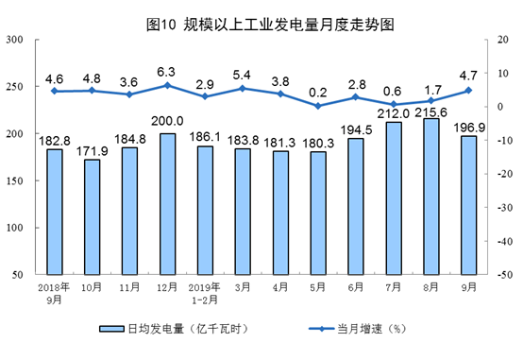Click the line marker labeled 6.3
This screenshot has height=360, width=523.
(168, 85)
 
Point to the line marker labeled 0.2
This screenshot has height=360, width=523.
(318, 106)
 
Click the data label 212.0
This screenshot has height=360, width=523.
(394, 112)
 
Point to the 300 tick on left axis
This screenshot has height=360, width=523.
(16, 40)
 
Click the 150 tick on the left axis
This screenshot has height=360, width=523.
(16, 180)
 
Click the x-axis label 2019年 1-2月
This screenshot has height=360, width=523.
(205, 291)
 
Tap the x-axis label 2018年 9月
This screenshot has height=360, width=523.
(54, 291)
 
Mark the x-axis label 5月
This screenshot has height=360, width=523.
(318, 285)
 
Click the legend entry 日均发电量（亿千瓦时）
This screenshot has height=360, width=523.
(173, 330)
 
